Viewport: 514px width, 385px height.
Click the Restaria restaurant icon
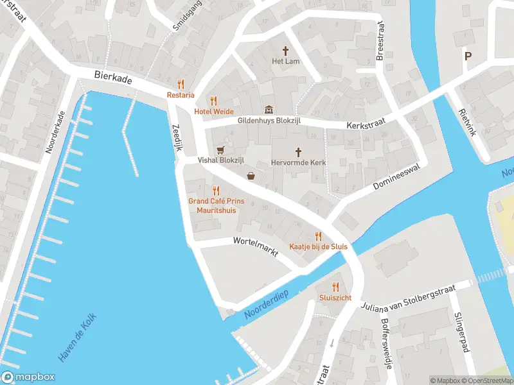coord(181,84)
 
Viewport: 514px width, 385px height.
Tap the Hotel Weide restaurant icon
coord(214,101)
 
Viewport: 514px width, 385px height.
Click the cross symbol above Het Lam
coord(287,50)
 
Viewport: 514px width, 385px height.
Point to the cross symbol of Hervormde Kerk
coord(298,152)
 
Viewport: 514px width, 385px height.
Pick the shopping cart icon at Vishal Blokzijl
coord(221,150)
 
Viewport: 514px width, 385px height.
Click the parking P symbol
coord(468,56)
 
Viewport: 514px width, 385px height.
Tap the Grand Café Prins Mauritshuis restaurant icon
coord(216,190)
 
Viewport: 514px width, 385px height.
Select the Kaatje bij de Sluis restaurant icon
coord(317,237)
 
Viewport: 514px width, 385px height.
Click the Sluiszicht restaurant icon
coord(335,287)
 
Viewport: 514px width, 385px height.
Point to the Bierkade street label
coord(112,75)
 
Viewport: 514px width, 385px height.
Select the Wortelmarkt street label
coord(256,246)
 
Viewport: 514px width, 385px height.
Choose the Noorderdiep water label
coord(267,304)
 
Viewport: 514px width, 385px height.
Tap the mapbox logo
coord(28,377)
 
